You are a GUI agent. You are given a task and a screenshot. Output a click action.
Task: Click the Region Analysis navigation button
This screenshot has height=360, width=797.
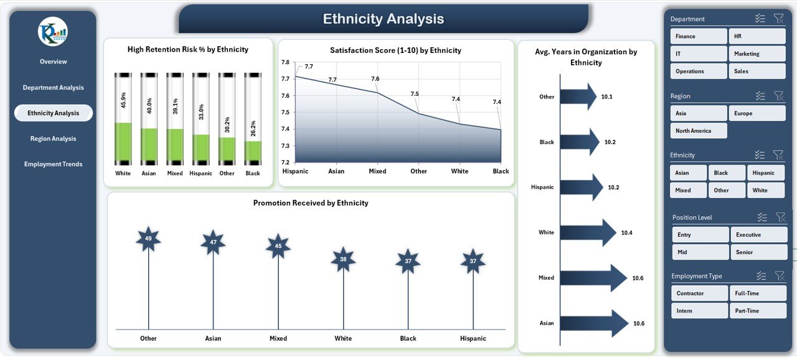tap(53, 139)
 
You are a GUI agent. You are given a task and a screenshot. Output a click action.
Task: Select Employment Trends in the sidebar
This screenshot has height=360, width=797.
tap(53, 164)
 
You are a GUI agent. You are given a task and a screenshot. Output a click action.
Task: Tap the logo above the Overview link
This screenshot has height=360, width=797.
tap(53, 31)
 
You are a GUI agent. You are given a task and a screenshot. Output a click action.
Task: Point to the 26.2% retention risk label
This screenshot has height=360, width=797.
tap(253, 129)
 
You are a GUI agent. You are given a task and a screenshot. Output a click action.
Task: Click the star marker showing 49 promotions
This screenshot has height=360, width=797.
tap(148, 239)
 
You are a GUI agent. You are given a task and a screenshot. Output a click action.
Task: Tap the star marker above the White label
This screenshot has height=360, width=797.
tap(343, 260)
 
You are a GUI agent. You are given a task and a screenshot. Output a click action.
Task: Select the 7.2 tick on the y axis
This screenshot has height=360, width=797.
tap(285, 163)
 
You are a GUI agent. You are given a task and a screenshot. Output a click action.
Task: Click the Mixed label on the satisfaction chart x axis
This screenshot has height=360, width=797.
tap(377, 171)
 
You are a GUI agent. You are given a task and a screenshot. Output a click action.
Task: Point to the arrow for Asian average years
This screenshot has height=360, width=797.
tap(594, 323)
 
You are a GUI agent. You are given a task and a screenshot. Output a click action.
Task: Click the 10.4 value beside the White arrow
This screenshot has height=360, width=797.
tap(626, 233)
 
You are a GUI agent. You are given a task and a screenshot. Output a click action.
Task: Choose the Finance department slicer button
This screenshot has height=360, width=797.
tap(699, 36)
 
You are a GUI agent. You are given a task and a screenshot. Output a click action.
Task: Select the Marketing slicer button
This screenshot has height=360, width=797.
tap(757, 54)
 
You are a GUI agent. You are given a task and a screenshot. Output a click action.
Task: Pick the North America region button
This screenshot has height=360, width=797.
tap(699, 131)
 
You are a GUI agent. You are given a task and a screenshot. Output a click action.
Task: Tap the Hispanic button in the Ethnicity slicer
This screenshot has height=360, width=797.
tap(765, 173)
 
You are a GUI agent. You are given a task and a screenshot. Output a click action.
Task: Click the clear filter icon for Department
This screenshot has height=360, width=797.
tap(778, 19)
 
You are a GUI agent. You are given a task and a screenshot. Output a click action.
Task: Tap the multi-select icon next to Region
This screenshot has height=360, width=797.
tap(760, 96)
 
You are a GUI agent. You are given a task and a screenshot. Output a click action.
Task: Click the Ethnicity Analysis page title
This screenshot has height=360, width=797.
tap(384, 19)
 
